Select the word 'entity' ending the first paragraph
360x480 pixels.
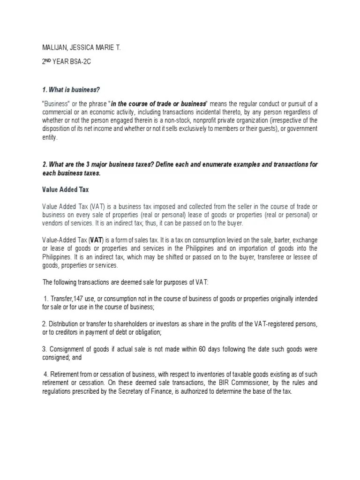tap(50, 137)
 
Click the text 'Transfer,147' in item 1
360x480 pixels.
tap(65, 299)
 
